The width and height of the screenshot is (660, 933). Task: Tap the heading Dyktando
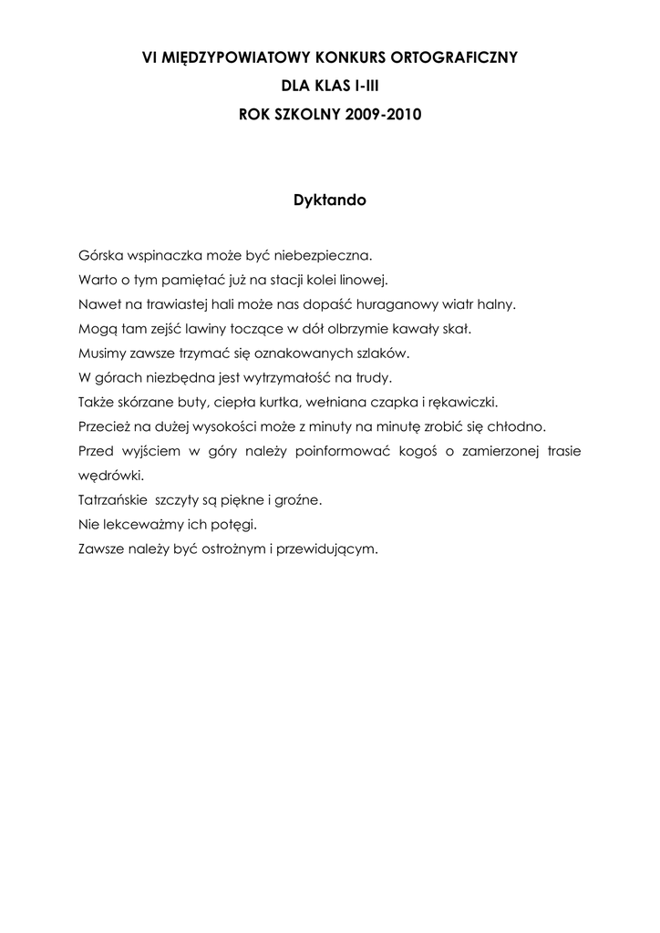[329, 200]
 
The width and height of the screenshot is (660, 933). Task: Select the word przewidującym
[328, 549]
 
